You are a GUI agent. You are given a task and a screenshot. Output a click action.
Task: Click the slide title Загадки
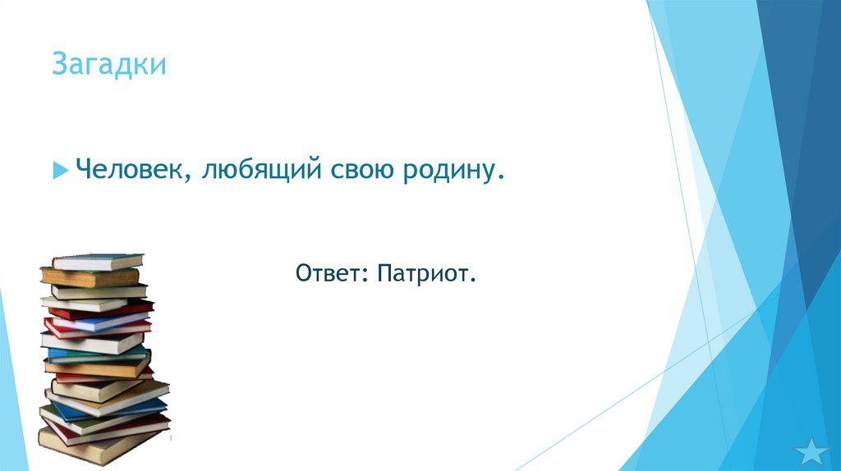(108, 64)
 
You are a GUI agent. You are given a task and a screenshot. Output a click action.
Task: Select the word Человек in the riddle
(131, 171)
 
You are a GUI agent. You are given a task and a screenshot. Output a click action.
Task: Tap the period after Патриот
(473, 279)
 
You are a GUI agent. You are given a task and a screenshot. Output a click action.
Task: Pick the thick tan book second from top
(90, 277)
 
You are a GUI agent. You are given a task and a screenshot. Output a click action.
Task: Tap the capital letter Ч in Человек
(83, 171)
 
